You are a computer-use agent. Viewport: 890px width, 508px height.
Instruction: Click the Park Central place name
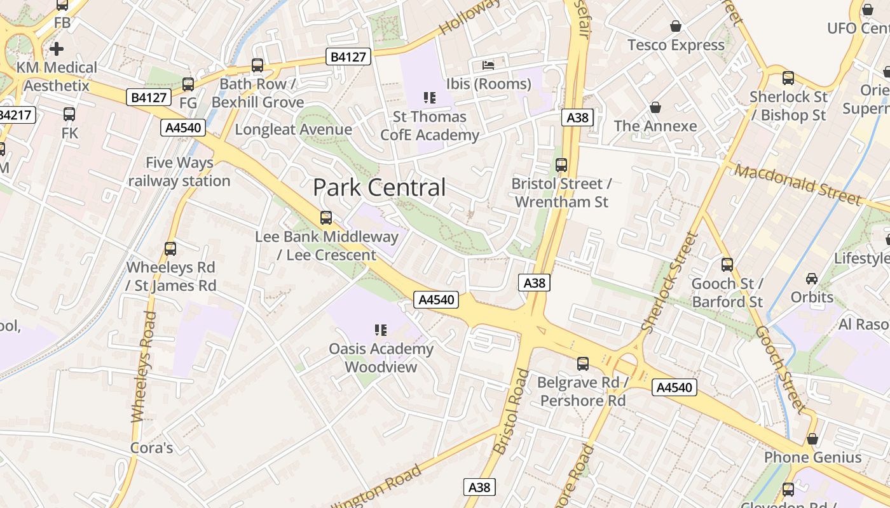point(379,187)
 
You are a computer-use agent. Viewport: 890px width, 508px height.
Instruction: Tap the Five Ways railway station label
point(179,172)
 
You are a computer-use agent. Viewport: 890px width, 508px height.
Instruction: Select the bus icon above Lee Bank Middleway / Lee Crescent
point(326,218)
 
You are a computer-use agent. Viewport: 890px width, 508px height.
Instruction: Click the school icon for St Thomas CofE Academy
point(430,98)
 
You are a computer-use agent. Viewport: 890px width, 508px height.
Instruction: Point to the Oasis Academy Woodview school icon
point(381,330)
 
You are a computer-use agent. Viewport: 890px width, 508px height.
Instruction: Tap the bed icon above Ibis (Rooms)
point(488,65)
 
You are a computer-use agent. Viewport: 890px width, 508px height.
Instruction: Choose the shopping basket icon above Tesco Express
point(675,26)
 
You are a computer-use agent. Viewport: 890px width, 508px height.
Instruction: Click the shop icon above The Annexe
point(655,107)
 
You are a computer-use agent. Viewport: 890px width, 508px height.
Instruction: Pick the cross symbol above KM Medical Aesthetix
point(57,48)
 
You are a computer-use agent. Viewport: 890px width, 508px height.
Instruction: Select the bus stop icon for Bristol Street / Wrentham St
point(561,165)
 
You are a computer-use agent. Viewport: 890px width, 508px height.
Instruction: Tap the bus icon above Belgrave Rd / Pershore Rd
point(583,364)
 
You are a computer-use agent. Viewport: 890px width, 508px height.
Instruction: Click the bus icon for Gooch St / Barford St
point(727,265)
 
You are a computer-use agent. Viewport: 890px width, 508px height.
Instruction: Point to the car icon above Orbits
point(812,278)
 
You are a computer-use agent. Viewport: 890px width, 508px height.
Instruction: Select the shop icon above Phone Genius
point(812,439)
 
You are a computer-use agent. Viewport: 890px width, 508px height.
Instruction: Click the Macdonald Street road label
point(798,184)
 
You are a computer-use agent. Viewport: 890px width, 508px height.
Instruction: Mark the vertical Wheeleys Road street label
point(143,367)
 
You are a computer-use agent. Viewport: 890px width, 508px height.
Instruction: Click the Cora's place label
point(151,448)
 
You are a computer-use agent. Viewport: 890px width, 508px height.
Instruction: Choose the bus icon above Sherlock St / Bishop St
point(788,78)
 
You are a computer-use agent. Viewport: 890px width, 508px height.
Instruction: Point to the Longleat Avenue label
point(293,130)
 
